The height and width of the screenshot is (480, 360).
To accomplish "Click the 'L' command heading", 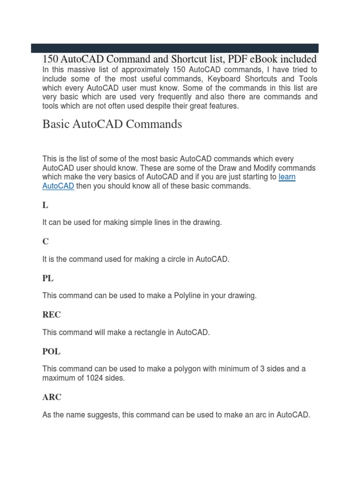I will point(45,205).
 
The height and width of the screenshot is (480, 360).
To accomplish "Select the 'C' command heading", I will point(45,241).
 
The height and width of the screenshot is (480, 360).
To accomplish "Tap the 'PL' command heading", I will point(48,278).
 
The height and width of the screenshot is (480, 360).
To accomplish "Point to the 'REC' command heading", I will point(52,315).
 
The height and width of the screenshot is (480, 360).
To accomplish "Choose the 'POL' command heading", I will point(51,351).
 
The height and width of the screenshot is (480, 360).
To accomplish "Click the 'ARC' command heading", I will point(52,397).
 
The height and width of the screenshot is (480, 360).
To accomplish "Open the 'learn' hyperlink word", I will point(287,177).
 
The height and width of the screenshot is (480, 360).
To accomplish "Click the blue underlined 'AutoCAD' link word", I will point(58,186).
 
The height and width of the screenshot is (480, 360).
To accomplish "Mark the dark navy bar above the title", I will point(175,48).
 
